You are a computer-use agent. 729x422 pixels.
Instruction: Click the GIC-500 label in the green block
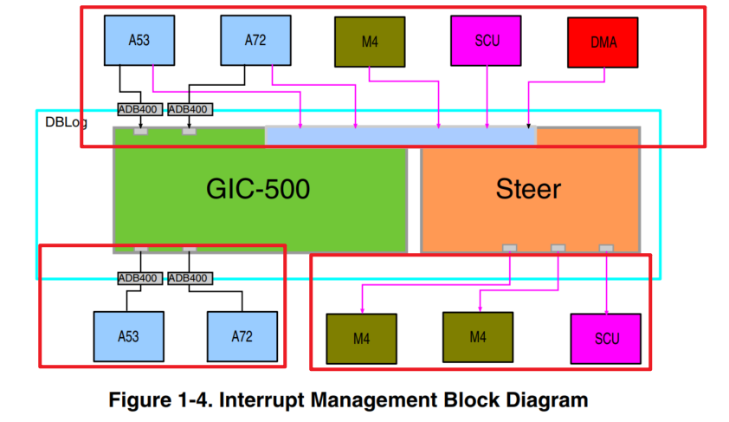[257, 190]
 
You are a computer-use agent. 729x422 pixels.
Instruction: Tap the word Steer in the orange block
[528, 190]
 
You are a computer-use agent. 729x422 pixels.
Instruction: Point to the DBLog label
[66, 122]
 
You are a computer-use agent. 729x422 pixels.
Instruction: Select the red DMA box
[603, 42]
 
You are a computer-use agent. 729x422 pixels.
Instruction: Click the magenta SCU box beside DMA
[487, 41]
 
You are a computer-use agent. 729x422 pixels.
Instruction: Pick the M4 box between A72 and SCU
[370, 42]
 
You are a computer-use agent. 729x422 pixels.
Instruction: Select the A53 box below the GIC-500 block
[129, 335]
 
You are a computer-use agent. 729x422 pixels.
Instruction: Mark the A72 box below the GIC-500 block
[243, 335]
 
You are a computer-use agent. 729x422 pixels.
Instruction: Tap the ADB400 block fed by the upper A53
[139, 109]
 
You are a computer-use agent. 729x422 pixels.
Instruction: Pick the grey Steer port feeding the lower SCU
[606, 249]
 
